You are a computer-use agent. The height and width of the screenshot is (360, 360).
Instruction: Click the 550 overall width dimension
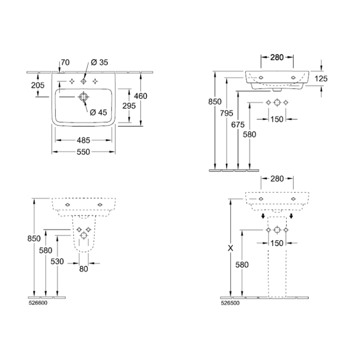(83, 152)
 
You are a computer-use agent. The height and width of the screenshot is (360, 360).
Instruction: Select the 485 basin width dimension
(84, 140)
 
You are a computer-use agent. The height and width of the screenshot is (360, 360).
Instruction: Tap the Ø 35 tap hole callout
(99, 63)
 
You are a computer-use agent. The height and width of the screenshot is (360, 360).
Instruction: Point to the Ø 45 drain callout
(98, 112)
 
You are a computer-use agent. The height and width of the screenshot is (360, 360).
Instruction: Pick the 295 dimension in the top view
(129, 106)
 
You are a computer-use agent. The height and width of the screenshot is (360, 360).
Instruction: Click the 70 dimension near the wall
(65, 63)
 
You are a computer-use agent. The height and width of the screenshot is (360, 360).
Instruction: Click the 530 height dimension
(57, 261)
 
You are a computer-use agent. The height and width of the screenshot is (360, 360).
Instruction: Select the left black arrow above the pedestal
(263, 216)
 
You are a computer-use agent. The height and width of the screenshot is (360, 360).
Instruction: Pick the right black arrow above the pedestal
(291, 216)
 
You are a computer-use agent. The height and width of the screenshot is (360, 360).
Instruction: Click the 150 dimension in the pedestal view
(277, 243)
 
